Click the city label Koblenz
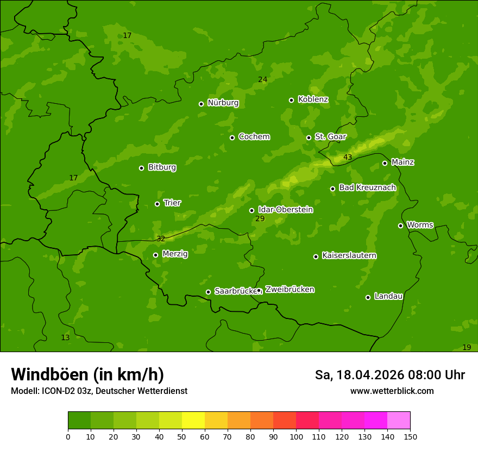(x=313, y=99)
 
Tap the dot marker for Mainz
(x=385, y=163)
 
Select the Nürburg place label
(x=223, y=103)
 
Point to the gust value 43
(x=348, y=158)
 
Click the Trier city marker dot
(x=157, y=204)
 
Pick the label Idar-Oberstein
(x=285, y=209)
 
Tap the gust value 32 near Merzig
(x=161, y=239)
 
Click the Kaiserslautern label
(x=349, y=255)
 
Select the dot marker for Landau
(x=368, y=297)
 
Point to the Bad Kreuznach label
(x=367, y=187)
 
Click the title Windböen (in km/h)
(x=87, y=374)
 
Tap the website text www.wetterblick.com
(x=392, y=391)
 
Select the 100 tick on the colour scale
(x=296, y=436)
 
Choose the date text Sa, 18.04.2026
(x=359, y=375)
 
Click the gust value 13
(x=65, y=337)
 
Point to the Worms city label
(x=420, y=224)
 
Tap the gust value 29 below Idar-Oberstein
(x=260, y=218)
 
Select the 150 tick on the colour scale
(x=410, y=436)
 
